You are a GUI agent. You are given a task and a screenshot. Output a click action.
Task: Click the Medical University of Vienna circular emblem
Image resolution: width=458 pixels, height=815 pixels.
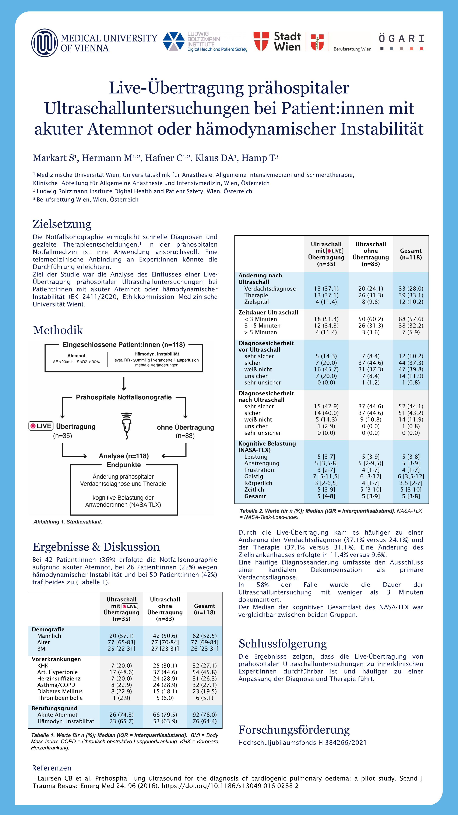45,43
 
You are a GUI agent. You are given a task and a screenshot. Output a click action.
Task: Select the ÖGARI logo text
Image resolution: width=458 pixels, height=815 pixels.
401,39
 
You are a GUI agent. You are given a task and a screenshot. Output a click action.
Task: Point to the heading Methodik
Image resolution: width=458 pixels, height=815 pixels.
58,330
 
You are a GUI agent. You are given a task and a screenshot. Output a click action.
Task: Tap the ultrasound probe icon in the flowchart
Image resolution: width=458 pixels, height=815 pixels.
126,426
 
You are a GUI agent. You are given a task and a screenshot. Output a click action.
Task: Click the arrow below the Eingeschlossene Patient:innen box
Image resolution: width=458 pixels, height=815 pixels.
124,384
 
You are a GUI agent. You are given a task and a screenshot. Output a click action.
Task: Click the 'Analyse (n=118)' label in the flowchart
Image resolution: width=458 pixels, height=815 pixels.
124,456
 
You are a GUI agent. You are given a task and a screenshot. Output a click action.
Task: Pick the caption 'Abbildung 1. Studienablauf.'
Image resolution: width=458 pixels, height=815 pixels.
68,522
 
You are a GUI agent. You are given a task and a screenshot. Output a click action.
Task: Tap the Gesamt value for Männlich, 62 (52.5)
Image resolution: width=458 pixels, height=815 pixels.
204,636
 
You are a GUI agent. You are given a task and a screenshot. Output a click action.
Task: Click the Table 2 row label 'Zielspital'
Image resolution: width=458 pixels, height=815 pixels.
256,302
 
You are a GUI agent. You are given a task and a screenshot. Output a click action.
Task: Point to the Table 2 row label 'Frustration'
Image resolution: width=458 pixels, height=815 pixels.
259,470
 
